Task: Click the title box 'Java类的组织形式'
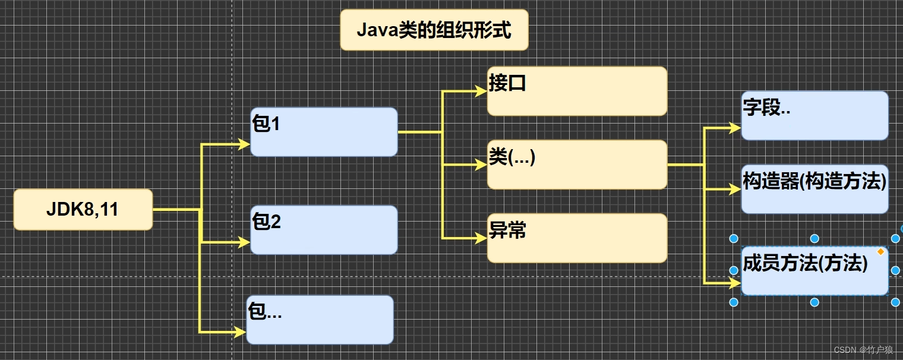tap(434, 30)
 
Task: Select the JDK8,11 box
tap(83, 210)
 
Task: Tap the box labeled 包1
tap(324, 132)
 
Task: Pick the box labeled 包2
tap(324, 230)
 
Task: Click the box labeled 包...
tap(320, 320)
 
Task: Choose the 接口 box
tap(577, 91)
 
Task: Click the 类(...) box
tap(577, 165)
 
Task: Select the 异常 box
tap(577, 238)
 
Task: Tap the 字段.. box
tap(814, 116)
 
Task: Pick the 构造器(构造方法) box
tap(814, 189)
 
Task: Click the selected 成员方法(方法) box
tap(814, 271)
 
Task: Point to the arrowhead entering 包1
tap(244, 144)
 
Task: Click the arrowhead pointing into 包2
tap(244, 242)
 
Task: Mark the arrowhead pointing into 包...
tap(240, 332)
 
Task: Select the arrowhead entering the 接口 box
tap(481, 91)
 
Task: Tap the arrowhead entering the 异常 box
tap(481, 238)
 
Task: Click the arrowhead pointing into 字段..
tap(735, 128)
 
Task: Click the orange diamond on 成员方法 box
tap(880, 252)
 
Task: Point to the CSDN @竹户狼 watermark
tap(863, 350)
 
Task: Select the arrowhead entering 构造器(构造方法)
tap(735, 190)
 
